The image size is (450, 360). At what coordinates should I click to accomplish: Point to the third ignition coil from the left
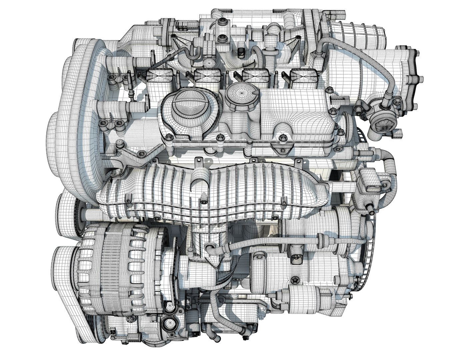[254, 77]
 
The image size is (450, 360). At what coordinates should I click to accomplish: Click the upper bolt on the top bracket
[221, 23]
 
